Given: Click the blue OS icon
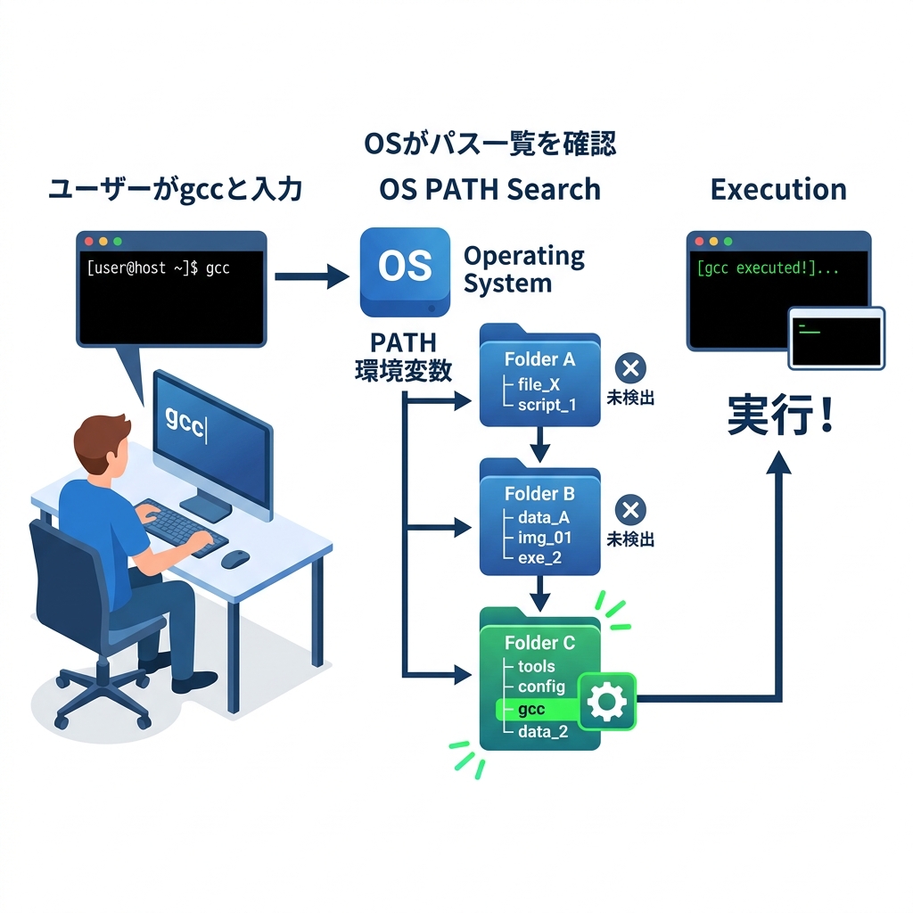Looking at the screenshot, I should pos(405,271).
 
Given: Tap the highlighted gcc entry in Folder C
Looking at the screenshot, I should pos(531,710).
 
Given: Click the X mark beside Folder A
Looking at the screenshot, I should pos(631,368).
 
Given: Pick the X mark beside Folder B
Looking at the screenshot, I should pos(631,510).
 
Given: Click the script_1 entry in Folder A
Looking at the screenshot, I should pos(547,405).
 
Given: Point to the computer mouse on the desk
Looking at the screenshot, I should pos(235,559).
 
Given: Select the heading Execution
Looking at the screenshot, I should pos(777,189).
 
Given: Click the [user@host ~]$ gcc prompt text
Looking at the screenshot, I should pos(158,267).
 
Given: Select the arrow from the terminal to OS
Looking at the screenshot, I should pos(311,276).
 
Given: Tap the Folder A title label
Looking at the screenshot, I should pos(539,359).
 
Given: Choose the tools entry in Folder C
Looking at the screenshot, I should pos(536,666).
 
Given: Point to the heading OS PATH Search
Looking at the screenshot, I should pos(489,189).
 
